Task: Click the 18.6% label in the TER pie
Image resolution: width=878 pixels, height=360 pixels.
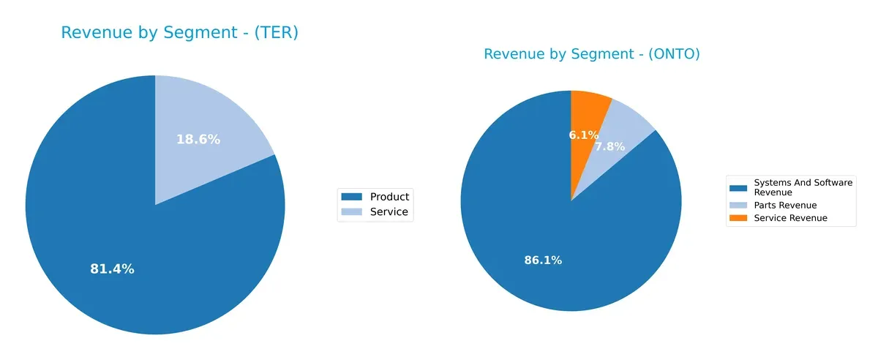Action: (198, 139)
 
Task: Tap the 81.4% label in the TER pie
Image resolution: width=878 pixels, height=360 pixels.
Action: (112, 269)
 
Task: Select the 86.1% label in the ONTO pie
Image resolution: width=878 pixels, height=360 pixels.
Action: (543, 260)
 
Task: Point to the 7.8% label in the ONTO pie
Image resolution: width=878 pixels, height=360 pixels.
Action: (609, 146)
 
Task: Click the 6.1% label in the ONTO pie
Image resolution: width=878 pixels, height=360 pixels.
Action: (584, 135)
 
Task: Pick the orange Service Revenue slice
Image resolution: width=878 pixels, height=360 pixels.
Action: (588, 110)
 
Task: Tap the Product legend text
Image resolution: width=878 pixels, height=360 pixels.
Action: (389, 196)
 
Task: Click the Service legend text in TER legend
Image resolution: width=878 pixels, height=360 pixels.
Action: (389, 212)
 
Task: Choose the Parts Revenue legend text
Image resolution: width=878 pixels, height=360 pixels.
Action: (785, 206)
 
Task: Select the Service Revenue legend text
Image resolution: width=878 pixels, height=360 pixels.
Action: (790, 218)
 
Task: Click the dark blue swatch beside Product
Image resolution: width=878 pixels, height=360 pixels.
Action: (352, 196)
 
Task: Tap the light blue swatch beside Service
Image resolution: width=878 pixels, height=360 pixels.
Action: (352, 212)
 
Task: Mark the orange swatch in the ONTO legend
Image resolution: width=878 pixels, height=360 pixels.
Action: (739, 218)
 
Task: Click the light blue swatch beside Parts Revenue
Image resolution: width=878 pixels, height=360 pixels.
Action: (739, 206)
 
